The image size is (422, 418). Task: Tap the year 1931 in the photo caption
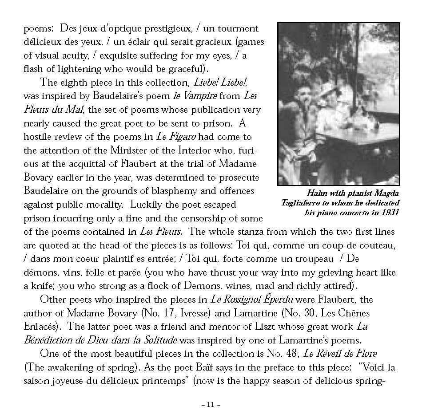(389, 212)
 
